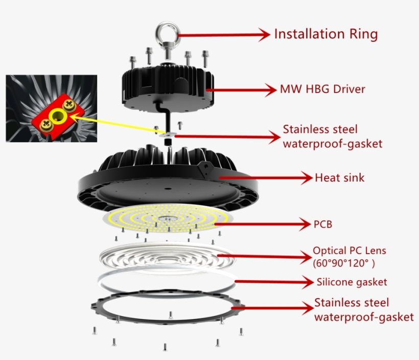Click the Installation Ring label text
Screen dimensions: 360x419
(x=326, y=34)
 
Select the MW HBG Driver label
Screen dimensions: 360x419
(x=322, y=89)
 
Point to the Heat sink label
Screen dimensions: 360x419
(x=339, y=178)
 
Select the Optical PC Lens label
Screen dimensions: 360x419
(x=350, y=251)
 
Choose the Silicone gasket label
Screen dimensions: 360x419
(x=352, y=282)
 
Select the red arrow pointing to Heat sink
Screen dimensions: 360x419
(x=266, y=178)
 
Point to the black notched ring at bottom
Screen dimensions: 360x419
(x=97, y=307)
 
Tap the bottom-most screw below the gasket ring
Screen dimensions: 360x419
(x=165, y=347)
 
